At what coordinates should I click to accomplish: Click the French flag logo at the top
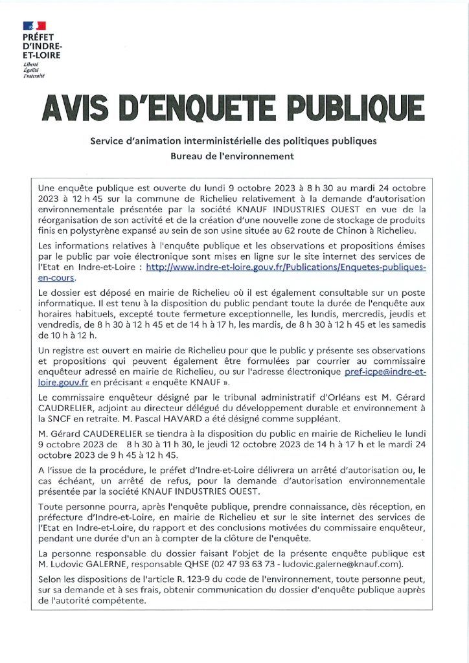pyautogui.click(x=34, y=25)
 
